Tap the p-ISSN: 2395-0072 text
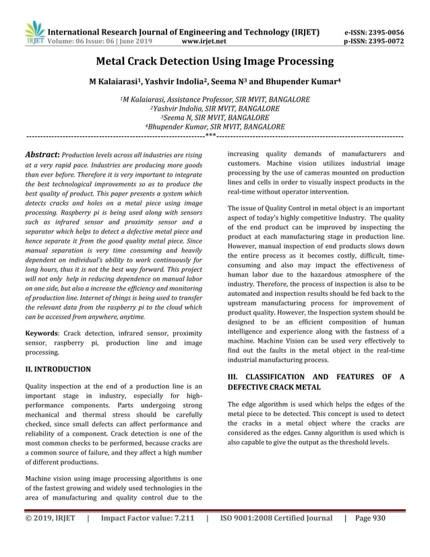[x=383, y=40]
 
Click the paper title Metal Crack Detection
[x=215, y=62]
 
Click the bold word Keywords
[x=40, y=333]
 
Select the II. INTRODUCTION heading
[x=57, y=370]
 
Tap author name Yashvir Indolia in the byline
[x=184, y=82]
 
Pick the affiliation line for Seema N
[x=215, y=117]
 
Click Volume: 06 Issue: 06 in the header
[x=81, y=40]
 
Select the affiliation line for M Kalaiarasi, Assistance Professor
[x=215, y=98]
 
